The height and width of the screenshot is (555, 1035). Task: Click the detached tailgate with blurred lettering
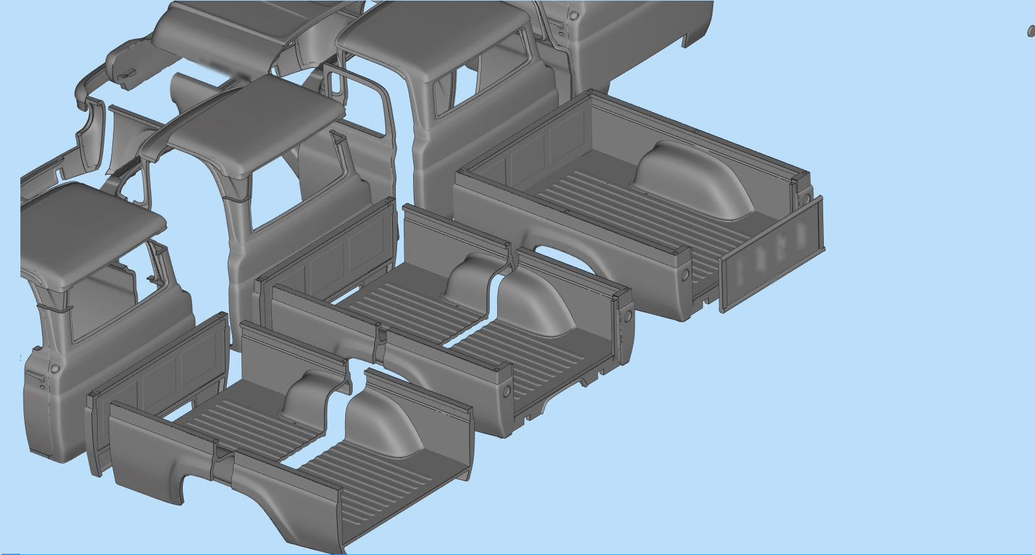772,253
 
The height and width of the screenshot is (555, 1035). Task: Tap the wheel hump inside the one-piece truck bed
692,179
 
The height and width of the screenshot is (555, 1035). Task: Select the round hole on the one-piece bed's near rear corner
684,273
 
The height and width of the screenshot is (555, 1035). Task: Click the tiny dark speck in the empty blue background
1030,31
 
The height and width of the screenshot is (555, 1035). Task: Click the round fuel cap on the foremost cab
55,369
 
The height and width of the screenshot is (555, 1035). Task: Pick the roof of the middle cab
253,123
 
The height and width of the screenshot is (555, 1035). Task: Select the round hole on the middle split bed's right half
627,317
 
